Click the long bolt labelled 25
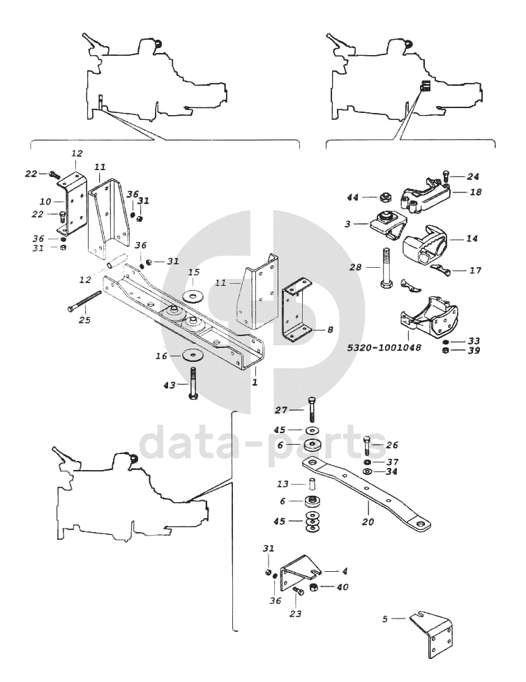point(84,305)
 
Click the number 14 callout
point(472,238)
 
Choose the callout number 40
point(342,586)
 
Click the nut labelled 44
point(384,198)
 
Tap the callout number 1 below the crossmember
point(255,383)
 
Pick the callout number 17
point(476,270)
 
